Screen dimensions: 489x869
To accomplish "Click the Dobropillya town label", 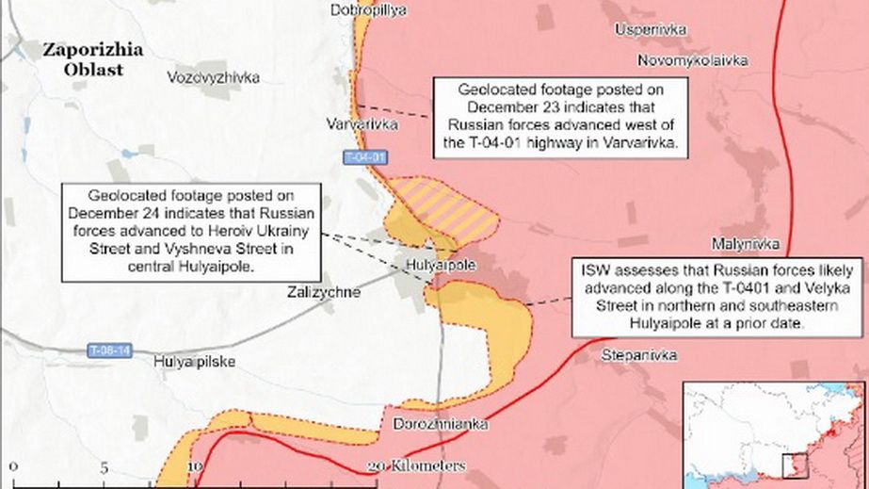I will pyautogui.click(x=368, y=9).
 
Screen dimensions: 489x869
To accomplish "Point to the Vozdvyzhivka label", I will pyautogui.click(x=213, y=77).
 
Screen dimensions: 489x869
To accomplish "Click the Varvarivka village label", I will pyautogui.click(x=362, y=124).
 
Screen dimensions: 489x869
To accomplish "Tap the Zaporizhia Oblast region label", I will pyautogui.click(x=93, y=59).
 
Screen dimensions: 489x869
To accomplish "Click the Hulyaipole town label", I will pyautogui.click(x=439, y=266).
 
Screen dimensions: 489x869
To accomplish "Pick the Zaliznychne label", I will pyautogui.click(x=323, y=292).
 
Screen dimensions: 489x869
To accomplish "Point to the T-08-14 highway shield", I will pyautogui.click(x=109, y=350).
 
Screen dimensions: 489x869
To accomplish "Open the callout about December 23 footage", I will pyautogui.click(x=561, y=117).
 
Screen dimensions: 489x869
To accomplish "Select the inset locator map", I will pyautogui.click(x=774, y=434).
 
